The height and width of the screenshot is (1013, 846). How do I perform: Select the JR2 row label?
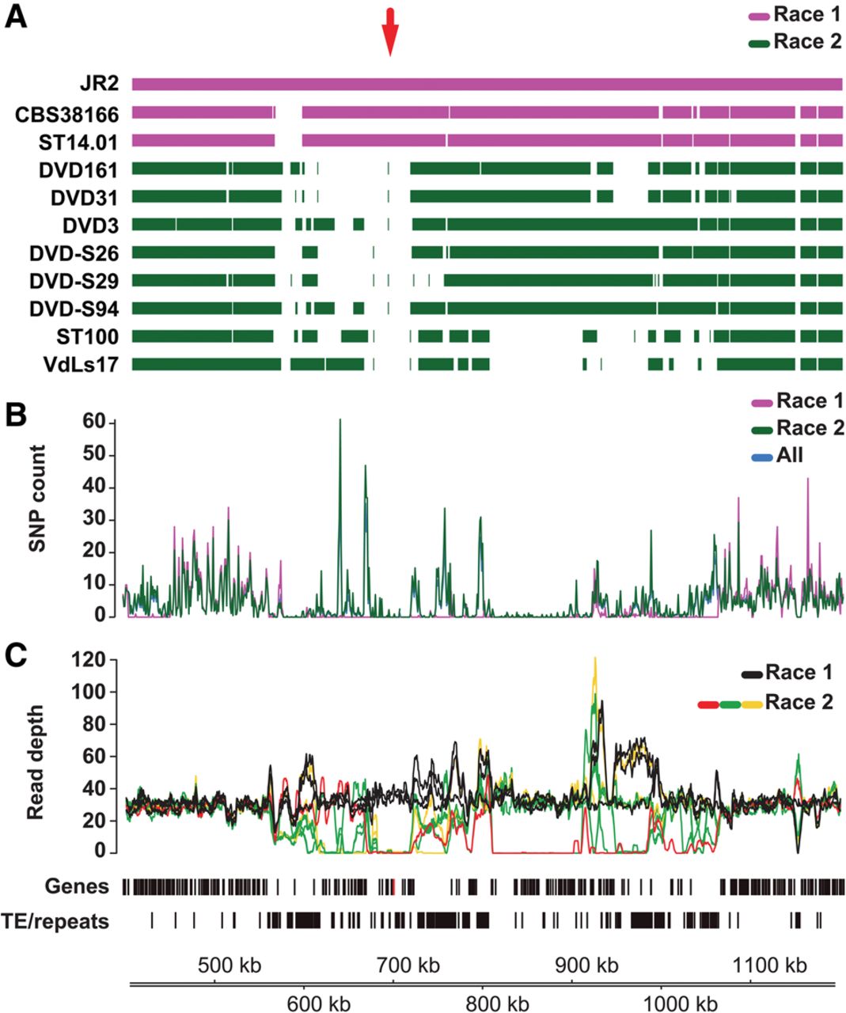click(100, 85)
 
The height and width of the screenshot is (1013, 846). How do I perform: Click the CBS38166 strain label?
click(67, 115)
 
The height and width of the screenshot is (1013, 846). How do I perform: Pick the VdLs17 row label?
click(80, 365)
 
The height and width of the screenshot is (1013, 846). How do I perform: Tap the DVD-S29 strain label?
click(74, 281)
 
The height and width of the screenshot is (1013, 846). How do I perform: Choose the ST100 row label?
click(87, 337)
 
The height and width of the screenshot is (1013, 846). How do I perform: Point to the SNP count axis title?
click(37, 498)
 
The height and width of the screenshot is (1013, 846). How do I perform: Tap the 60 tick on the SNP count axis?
click(93, 422)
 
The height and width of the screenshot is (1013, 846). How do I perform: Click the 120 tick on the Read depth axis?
click(87, 660)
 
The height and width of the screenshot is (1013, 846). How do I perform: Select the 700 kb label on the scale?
click(408, 966)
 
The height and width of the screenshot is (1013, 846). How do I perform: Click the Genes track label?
click(77, 886)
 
